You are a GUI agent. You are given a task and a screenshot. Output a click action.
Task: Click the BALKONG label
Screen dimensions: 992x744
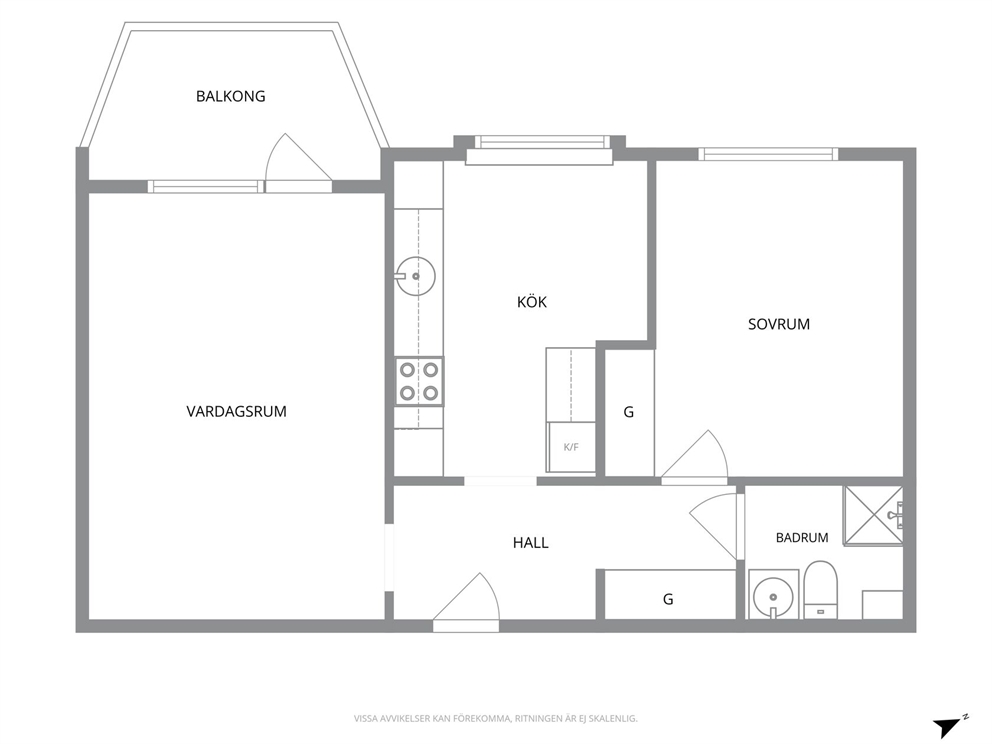[230, 96]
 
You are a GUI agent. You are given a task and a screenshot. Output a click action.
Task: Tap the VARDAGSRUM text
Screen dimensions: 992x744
[237, 411]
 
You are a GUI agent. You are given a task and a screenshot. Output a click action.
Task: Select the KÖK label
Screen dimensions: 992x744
[531, 302]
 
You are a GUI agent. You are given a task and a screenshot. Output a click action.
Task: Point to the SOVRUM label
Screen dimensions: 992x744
[779, 324]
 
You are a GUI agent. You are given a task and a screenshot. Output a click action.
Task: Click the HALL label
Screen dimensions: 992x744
[530, 542]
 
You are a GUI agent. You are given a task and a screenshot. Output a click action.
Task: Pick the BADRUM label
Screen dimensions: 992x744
[802, 538]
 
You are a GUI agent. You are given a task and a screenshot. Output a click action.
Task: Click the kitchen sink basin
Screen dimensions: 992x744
[416, 276]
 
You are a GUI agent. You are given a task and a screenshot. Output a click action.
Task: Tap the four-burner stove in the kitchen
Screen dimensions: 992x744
[419, 381]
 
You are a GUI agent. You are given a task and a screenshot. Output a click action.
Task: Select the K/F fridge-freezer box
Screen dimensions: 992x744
[571, 447]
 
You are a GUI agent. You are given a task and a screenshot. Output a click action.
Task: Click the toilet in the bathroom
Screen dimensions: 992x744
[821, 590]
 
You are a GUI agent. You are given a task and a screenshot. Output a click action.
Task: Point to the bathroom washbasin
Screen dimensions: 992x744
[771, 595]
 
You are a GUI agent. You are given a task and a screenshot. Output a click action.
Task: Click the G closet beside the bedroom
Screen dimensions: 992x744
[629, 412]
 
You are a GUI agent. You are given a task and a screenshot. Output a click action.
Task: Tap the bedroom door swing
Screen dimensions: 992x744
[695, 457]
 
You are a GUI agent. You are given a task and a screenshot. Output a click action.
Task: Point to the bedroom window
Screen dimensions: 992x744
[768, 154]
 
